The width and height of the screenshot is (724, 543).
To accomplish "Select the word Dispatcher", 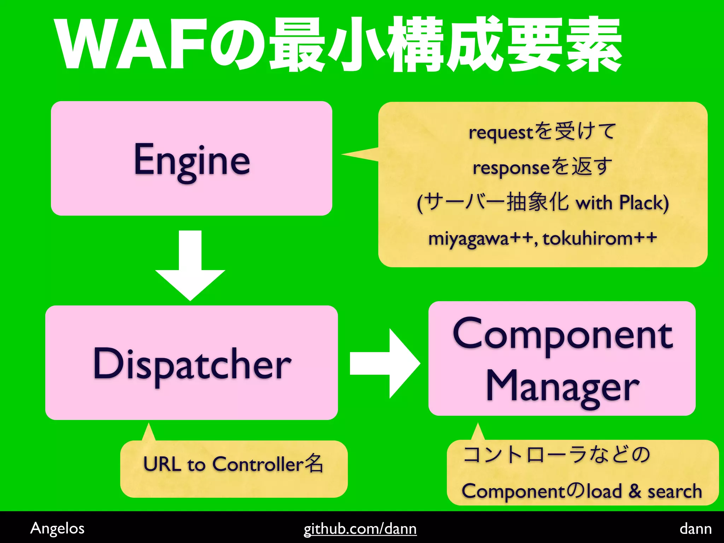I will [192, 364].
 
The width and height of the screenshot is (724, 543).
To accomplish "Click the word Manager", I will [562, 386].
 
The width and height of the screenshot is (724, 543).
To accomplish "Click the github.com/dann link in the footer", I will [360, 529].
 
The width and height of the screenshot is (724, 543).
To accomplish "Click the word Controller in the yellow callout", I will [258, 464].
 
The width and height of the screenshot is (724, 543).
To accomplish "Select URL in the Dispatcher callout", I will [162, 464].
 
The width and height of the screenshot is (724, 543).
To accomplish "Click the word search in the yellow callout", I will [675, 491].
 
